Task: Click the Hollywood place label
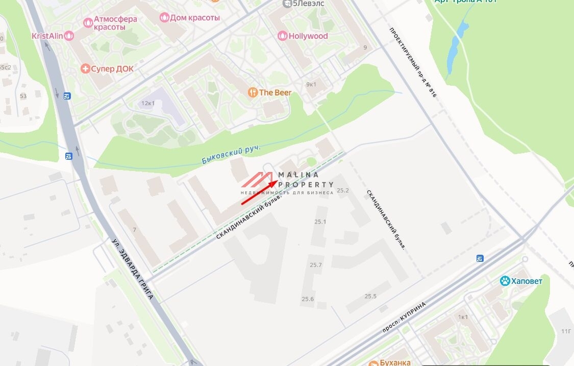(x=308, y=36)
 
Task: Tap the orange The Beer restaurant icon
(x=252, y=92)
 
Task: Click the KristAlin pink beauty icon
(x=69, y=36)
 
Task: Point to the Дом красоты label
(x=194, y=18)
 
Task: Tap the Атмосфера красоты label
(x=116, y=23)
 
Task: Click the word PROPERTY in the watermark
(x=306, y=184)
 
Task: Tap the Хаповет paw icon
(x=505, y=281)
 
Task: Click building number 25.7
(x=315, y=265)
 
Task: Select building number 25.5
(x=370, y=296)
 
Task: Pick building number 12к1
(x=148, y=103)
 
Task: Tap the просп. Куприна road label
(x=404, y=317)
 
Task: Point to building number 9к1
(x=311, y=84)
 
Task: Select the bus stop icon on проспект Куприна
(x=480, y=259)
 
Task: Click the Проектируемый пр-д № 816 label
(x=413, y=63)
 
